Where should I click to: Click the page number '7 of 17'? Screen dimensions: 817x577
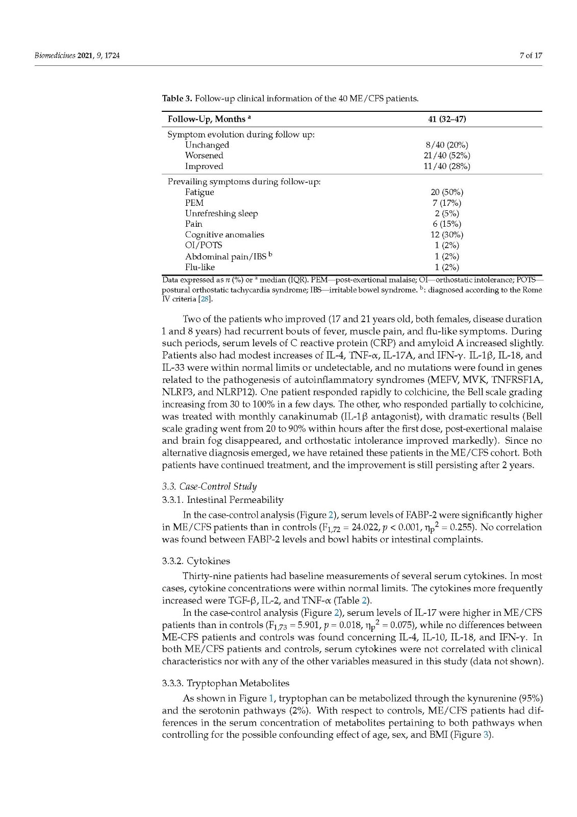(x=531, y=56)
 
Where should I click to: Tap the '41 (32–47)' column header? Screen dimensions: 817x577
(x=447, y=119)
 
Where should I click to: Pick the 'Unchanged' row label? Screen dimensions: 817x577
(x=207, y=145)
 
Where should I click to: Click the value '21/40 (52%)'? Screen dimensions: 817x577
(x=447, y=156)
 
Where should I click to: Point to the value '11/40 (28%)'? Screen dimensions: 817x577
(x=447, y=166)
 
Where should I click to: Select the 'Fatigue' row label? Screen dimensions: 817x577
(x=199, y=193)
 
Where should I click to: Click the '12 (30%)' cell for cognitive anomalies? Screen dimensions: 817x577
(x=447, y=235)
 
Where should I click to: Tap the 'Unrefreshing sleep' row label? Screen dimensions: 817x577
(x=221, y=213)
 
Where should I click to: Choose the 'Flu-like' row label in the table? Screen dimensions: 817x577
(x=200, y=267)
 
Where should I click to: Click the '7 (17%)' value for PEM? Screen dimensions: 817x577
(x=447, y=203)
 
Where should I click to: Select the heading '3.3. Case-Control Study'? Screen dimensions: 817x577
(x=209, y=486)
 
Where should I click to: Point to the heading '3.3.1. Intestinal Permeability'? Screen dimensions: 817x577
(x=222, y=500)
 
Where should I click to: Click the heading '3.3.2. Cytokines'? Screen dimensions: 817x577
(x=196, y=561)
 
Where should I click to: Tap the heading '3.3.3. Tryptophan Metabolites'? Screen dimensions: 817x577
(x=225, y=683)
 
